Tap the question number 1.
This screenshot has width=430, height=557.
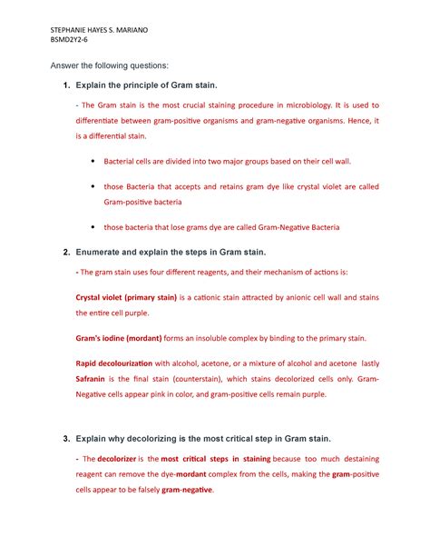(65, 85)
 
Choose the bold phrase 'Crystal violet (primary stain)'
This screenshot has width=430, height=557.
(125, 296)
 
